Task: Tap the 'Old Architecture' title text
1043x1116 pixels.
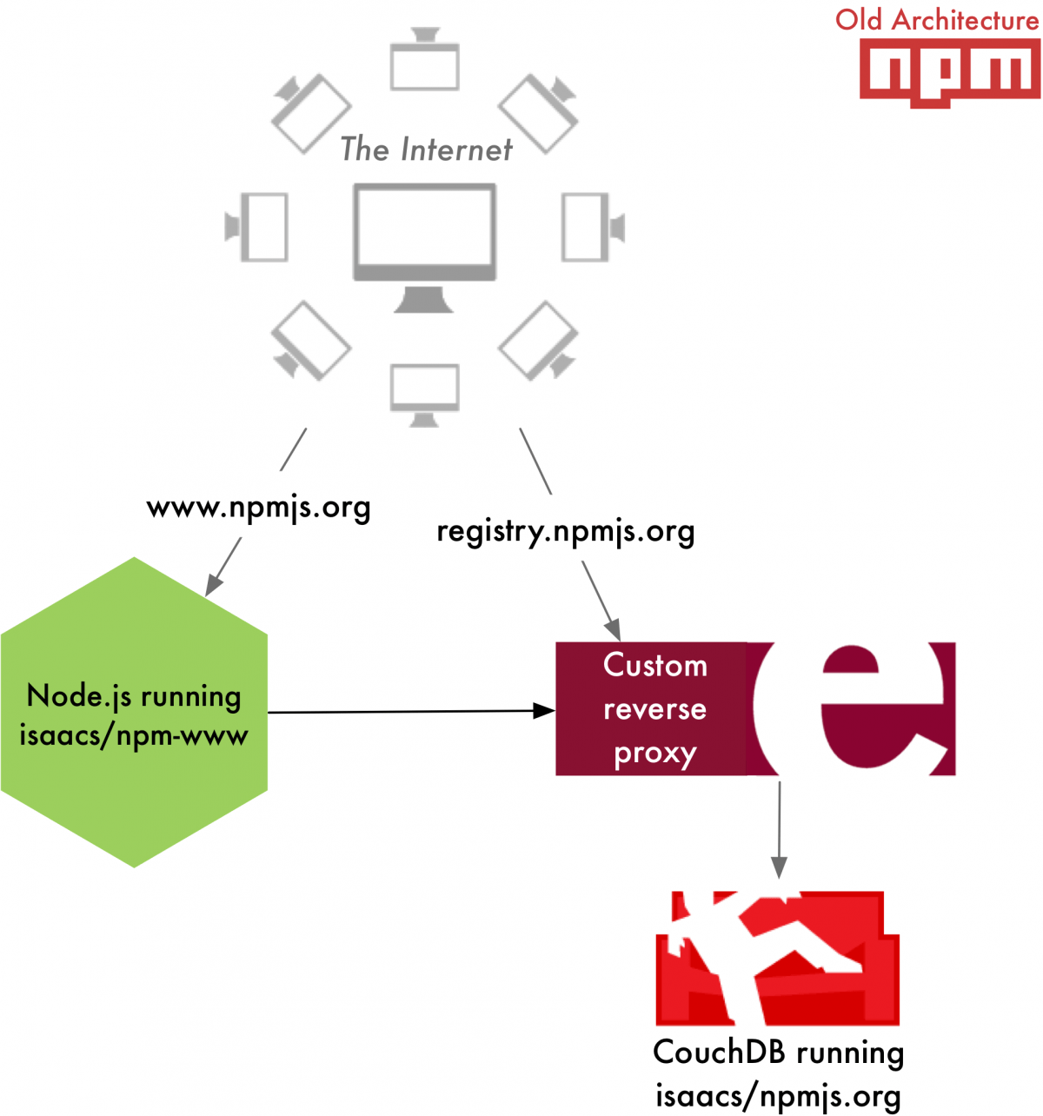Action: tap(937, 20)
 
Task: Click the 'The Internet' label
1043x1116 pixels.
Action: tap(426, 149)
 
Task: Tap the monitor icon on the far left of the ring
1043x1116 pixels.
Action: tap(258, 227)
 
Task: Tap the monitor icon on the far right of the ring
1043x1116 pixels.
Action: tap(591, 227)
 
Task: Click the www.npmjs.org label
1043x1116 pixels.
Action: tap(258, 508)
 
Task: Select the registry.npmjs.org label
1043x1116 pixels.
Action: tap(565, 531)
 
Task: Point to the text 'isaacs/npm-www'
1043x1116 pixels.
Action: tap(134, 736)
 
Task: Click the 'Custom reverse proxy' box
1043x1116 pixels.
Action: tap(654, 709)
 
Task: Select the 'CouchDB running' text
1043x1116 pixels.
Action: tap(778, 1053)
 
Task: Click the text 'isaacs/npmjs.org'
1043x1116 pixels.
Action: tap(778, 1096)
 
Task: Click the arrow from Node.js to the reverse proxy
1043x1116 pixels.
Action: tap(409, 712)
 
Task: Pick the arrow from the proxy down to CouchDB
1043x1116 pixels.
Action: tap(779, 826)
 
